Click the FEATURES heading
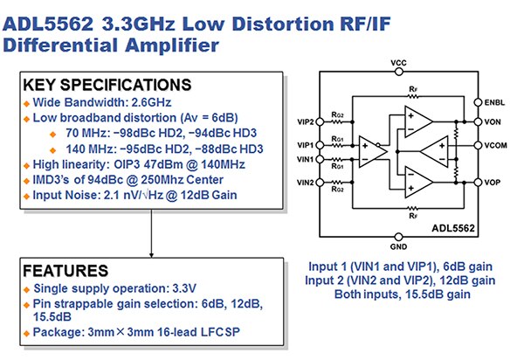(x=68, y=271)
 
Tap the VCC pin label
(x=399, y=64)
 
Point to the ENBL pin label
(x=493, y=102)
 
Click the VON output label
(x=492, y=121)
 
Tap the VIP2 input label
(x=304, y=121)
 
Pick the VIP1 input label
(x=304, y=145)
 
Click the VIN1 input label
(x=304, y=160)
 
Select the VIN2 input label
(x=304, y=183)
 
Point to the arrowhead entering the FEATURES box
(x=152, y=251)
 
